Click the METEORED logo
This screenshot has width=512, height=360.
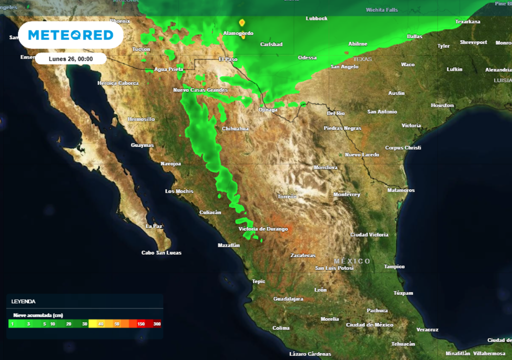[x=70, y=35]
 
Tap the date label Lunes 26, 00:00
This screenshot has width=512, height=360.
[x=70, y=58]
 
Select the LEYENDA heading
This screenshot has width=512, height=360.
[x=23, y=301]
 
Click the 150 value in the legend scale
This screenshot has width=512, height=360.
[x=141, y=324]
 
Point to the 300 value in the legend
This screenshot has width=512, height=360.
[x=156, y=324]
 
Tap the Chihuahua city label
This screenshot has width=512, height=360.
[x=235, y=128]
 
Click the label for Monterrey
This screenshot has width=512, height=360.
[x=346, y=194]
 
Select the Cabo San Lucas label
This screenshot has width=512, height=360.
[x=161, y=252]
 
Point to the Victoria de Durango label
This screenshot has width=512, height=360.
[x=263, y=228]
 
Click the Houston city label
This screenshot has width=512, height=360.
[x=442, y=105]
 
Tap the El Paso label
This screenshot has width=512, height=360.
[x=228, y=59]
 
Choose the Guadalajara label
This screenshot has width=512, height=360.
[x=288, y=298]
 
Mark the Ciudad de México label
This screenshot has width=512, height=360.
[x=369, y=324]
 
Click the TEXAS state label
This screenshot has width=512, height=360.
[x=363, y=59]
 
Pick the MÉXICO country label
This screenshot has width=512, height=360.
[x=352, y=261]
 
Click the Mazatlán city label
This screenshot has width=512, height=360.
[x=229, y=245]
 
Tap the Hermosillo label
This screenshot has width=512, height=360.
[x=141, y=119]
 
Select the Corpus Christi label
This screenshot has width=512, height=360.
[x=403, y=147]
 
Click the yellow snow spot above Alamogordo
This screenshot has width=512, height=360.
[x=242, y=22]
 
